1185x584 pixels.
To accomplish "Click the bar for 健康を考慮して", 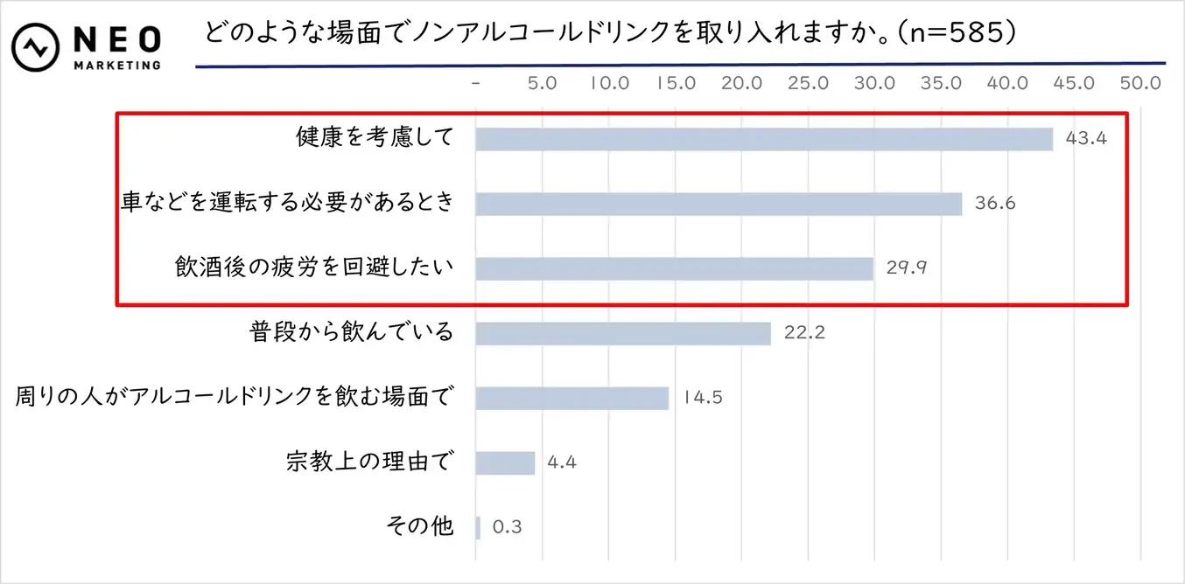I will pos(763,140).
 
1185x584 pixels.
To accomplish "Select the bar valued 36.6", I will pos(719,204).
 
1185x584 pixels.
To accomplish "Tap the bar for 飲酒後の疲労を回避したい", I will pos(674,268).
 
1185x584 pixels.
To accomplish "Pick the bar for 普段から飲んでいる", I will pos(623,333).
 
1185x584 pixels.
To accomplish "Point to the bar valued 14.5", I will pos(572,398).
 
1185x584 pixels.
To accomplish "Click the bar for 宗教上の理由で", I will pos(505,462).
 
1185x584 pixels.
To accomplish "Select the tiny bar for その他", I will pos(478,527).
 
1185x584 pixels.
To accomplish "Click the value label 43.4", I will pos(1086,139).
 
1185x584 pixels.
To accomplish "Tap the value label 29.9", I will pos(906,268).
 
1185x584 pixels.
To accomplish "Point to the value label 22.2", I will pos(805,333).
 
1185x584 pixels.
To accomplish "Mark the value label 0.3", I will pos(508,527).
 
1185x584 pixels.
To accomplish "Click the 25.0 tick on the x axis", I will pos(809,84).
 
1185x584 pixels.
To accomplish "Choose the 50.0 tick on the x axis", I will pos(1140,84).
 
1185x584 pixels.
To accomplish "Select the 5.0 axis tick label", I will pos(543,84).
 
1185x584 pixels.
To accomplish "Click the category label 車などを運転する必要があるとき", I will pos(289,203).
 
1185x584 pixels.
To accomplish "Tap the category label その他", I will pos(420,526).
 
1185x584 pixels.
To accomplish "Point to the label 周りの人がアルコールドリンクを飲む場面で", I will pos(234,397).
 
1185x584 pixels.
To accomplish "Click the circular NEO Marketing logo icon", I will pos(35,48).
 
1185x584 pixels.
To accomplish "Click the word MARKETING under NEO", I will pos(117,65).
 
